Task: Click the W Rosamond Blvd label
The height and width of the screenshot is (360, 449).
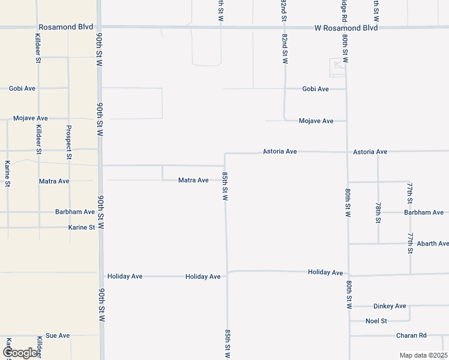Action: pyautogui.click(x=346, y=28)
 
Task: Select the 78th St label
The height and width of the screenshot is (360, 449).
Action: pyautogui.click(x=378, y=213)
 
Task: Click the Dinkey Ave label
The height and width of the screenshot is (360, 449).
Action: pyautogui.click(x=390, y=306)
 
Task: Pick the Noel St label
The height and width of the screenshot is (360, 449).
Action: pyautogui.click(x=376, y=321)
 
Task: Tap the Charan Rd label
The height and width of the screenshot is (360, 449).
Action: pyautogui.click(x=411, y=335)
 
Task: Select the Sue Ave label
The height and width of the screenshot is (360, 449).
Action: pyautogui.click(x=58, y=335)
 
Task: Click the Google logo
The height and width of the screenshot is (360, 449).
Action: pyautogui.click(x=20, y=353)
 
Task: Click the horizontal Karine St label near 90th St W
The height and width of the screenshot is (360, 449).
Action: pyautogui.click(x=82, y=227)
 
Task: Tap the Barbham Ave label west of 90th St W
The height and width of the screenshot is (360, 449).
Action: pyautogui.click(x=75, y=212)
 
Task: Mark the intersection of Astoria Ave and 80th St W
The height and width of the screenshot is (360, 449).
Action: pyautogui.click(x=347, y=152)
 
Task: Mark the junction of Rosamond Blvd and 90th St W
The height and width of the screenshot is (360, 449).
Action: pyautogui.click(x=99, y=27)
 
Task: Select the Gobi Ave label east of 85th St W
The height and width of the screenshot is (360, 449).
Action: pyautogui.click(x=315, y=89)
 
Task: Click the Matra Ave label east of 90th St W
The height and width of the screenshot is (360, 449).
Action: pyautogui.click(x=193, y=180)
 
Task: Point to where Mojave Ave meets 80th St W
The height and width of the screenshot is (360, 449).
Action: pyautogui.click(x=346, y=121)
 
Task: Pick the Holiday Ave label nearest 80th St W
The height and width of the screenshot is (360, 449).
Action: pyautogui.click(x=325, y=272)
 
